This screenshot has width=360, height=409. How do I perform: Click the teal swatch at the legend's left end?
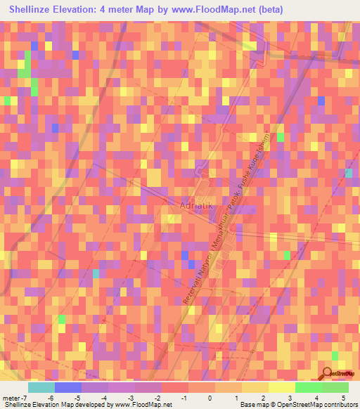click(x=41, y=387)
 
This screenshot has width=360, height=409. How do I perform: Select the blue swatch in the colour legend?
click(x=68, y=387)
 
